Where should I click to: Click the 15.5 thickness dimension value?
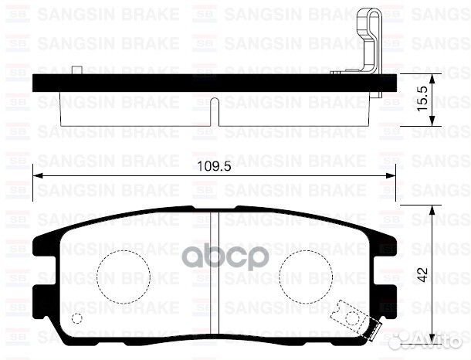point(424,99)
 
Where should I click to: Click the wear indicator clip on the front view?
point(354,321)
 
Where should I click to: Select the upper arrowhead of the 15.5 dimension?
point(437,77)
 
